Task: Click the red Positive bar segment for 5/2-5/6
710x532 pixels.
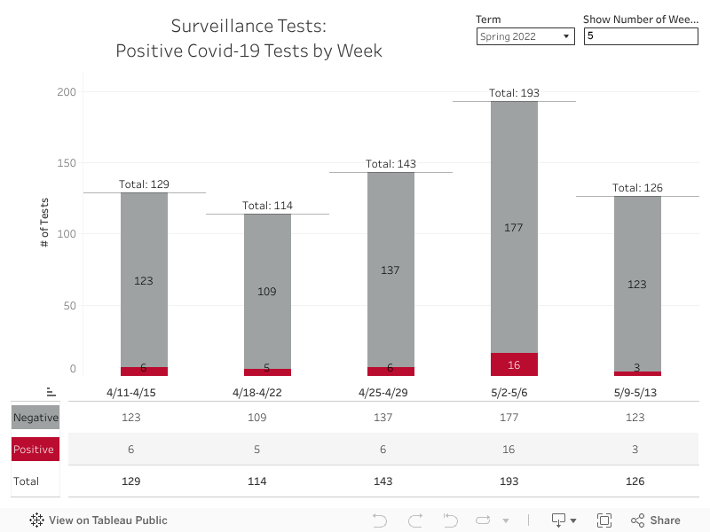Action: tap(514, 364)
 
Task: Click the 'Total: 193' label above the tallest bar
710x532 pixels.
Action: tap(514, 93)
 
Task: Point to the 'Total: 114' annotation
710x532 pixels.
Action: tap(267, 206)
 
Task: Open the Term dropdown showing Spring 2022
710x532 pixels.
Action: tap(525, 36)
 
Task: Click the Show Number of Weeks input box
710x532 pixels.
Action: tap(641, 36)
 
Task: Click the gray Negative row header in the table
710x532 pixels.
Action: tap(35, 418)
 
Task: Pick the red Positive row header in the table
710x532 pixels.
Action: tap(35, 450)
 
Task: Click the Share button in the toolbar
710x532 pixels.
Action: tap(656, 520)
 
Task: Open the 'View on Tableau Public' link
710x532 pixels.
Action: tap(99, 520)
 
